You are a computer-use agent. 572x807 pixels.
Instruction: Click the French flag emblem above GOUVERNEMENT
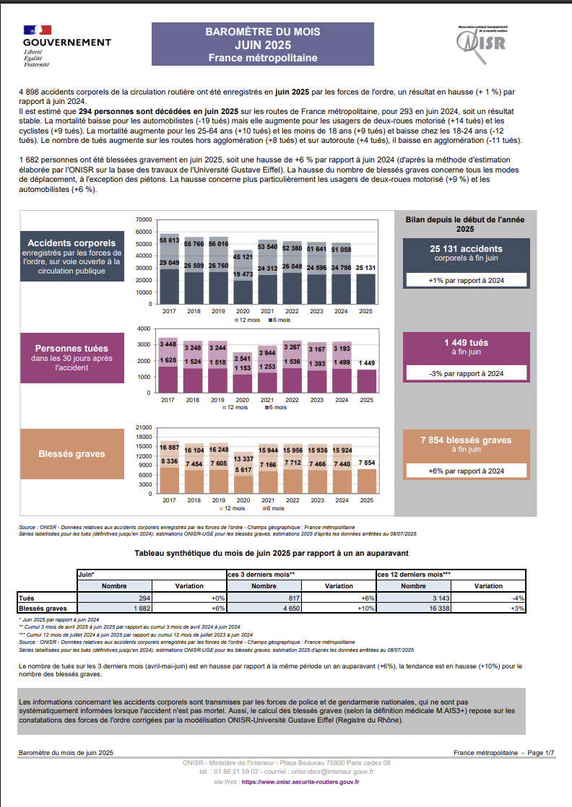pyautogui.click(x=38, y=30)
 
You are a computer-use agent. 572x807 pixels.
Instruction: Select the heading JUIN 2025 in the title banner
pyautogui.click(x=263, y=45)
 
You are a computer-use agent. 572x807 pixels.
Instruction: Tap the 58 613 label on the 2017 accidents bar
pyautogui.click(x=170, y=240)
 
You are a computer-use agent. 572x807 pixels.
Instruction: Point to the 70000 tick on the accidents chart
pyautogui.click(x=144, y=219)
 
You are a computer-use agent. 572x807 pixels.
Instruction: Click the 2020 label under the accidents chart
pyautogui.click(x=243, y=311)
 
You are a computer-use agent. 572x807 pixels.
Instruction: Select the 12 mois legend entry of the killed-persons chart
pyautogui.click(x=235, y=408)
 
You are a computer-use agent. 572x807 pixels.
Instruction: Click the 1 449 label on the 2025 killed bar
pyautogui.click(x=367, y=363)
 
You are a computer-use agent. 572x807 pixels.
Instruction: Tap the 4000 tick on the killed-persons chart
pyautogui.click(x=144, y=328)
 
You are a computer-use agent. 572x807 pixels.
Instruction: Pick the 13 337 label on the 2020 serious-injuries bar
pyautogui.click(x=243, y=459)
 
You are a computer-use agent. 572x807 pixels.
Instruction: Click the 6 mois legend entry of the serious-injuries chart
pyautogui.click(x=274, y=508)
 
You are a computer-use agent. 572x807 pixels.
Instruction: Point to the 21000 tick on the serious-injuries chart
pyautogui.click(x=144, y=428)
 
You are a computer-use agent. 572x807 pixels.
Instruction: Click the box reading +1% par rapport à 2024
pyautogui.click(x=467, y=281)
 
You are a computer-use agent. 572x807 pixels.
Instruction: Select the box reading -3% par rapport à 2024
pyautogui.click(x=467, y=374)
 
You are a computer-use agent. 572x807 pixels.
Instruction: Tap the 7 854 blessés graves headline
pyautogui.click(x=466, y=440)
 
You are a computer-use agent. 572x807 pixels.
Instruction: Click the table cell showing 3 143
pyautogui.click(x=413, y=598)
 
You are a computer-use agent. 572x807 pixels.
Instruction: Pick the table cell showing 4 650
pyautogui.click(x=264, y=608)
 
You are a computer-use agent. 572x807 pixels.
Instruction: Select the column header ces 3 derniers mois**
pyautogui.click(x=261, y=575)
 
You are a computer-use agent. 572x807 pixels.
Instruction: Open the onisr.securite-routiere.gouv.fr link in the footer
pyautogui.click(x=300, y=782)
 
